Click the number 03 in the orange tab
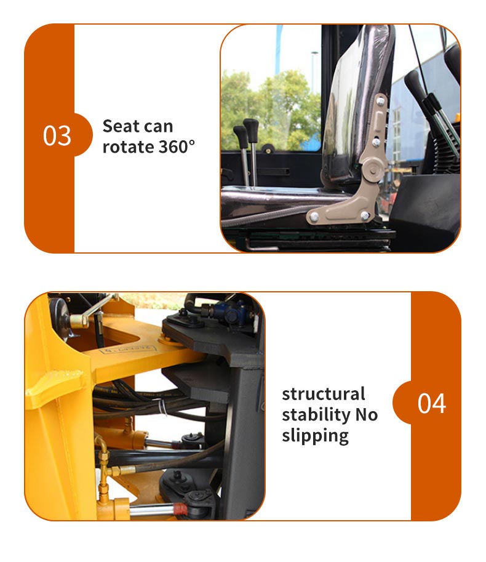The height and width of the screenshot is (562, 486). pyautogui.click(x=57, y=135)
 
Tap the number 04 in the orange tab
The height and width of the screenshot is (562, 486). pyautogui.click(x=432, y=403)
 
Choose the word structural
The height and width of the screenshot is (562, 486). pyautogui.click(x=324, y=394)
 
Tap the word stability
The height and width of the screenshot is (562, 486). pyautogui.click(x=316, y=415)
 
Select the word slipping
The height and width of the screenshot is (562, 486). pyautogui.click(x=315, y=436)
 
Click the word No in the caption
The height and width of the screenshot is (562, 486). pyautogui.click(x=367, y=415)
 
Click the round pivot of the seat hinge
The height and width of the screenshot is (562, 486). pyautogui.click(x=373, y=169)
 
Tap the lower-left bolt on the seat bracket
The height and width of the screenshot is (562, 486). pyautogui.click(x=314, y=217)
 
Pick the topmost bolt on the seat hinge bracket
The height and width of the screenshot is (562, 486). pyautogui.click(x=381, y=102)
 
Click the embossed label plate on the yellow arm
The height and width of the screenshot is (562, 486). pyautogui.click(x=128, y=349)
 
